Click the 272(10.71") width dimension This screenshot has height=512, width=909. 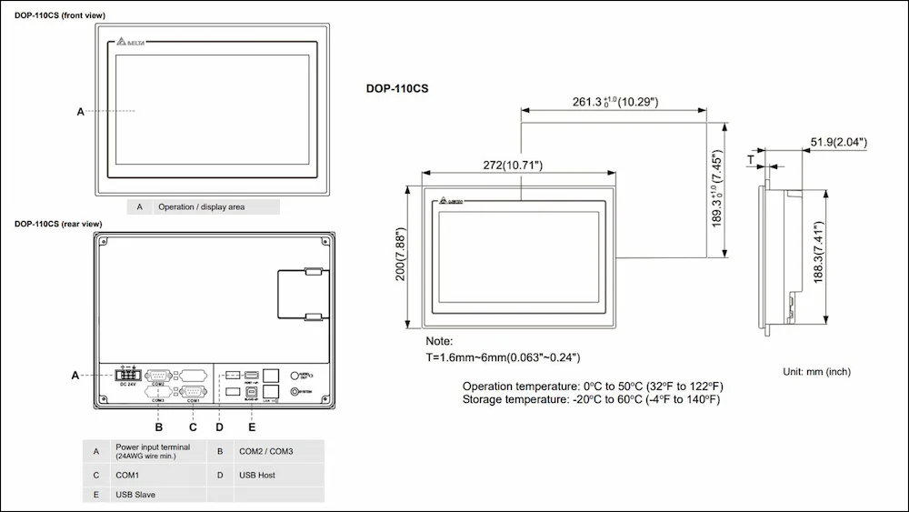pos(513,166)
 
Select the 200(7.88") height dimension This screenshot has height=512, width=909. pos(400,256)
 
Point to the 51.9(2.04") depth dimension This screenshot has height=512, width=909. pos(837,142)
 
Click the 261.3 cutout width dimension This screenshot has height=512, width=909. pos(615,101)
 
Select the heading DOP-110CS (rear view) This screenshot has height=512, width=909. pos(57,224)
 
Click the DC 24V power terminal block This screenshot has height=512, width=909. pos(126,374)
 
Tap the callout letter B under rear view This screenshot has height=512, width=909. pos(158,427)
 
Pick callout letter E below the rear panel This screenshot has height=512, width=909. pos(252,427)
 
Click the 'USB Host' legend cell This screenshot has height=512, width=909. pos(257,474)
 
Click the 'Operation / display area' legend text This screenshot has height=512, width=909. pos(201,206)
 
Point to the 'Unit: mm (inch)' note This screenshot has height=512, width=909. pos(816,372)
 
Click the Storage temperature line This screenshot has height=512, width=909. pos(591,399)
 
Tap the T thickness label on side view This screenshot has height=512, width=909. pos(751,159)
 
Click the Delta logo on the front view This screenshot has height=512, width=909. pos(133,42)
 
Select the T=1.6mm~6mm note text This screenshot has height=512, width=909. pos(503,357)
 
